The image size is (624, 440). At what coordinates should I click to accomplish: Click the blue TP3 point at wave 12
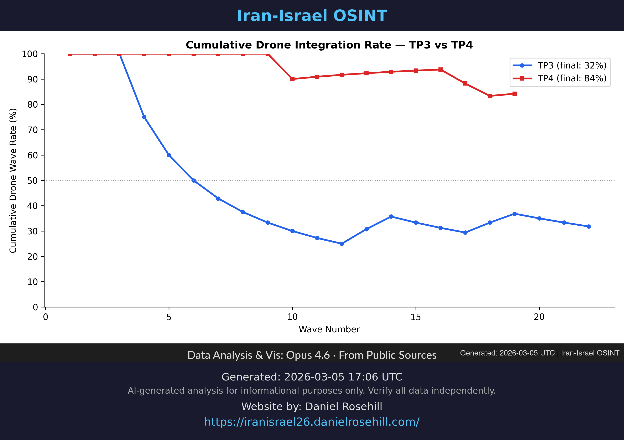342,244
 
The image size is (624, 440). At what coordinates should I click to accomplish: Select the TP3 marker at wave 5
169,155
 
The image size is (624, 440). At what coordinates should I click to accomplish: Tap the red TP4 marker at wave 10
292,79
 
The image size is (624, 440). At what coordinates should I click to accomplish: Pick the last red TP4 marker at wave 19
514,93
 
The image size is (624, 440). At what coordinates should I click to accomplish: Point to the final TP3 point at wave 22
589,226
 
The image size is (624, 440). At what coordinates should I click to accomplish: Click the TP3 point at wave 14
391,216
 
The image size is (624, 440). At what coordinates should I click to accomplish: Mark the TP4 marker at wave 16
441,70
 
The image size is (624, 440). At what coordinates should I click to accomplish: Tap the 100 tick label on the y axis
30,54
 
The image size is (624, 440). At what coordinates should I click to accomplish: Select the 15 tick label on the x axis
416,317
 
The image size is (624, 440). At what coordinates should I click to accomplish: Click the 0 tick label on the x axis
45,317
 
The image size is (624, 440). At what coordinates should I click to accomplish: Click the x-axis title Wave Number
329,329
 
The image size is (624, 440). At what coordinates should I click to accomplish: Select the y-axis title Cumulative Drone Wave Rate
13,181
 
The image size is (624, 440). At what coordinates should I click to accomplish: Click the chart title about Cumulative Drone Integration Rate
329,45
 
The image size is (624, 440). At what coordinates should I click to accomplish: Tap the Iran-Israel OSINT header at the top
312,16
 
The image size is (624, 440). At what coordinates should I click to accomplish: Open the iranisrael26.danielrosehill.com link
312,422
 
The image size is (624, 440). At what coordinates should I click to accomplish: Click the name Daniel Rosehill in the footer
344,406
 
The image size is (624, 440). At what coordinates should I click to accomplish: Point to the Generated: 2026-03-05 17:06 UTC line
312,377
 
